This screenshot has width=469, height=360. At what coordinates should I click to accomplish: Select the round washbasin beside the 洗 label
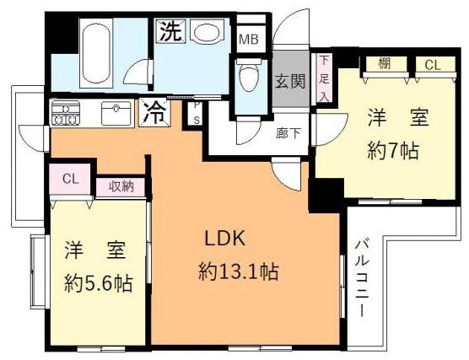[x=206, y=34]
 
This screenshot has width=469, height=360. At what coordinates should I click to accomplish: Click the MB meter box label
[x=248, y=40]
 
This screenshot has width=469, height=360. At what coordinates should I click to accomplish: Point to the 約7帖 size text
[x=392, y=153]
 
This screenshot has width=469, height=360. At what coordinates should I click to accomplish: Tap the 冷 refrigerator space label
[x=156, y=110]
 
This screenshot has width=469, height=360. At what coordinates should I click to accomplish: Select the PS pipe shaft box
[x=197, y=113]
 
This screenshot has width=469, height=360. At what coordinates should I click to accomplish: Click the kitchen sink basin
[x=113, y=111]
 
